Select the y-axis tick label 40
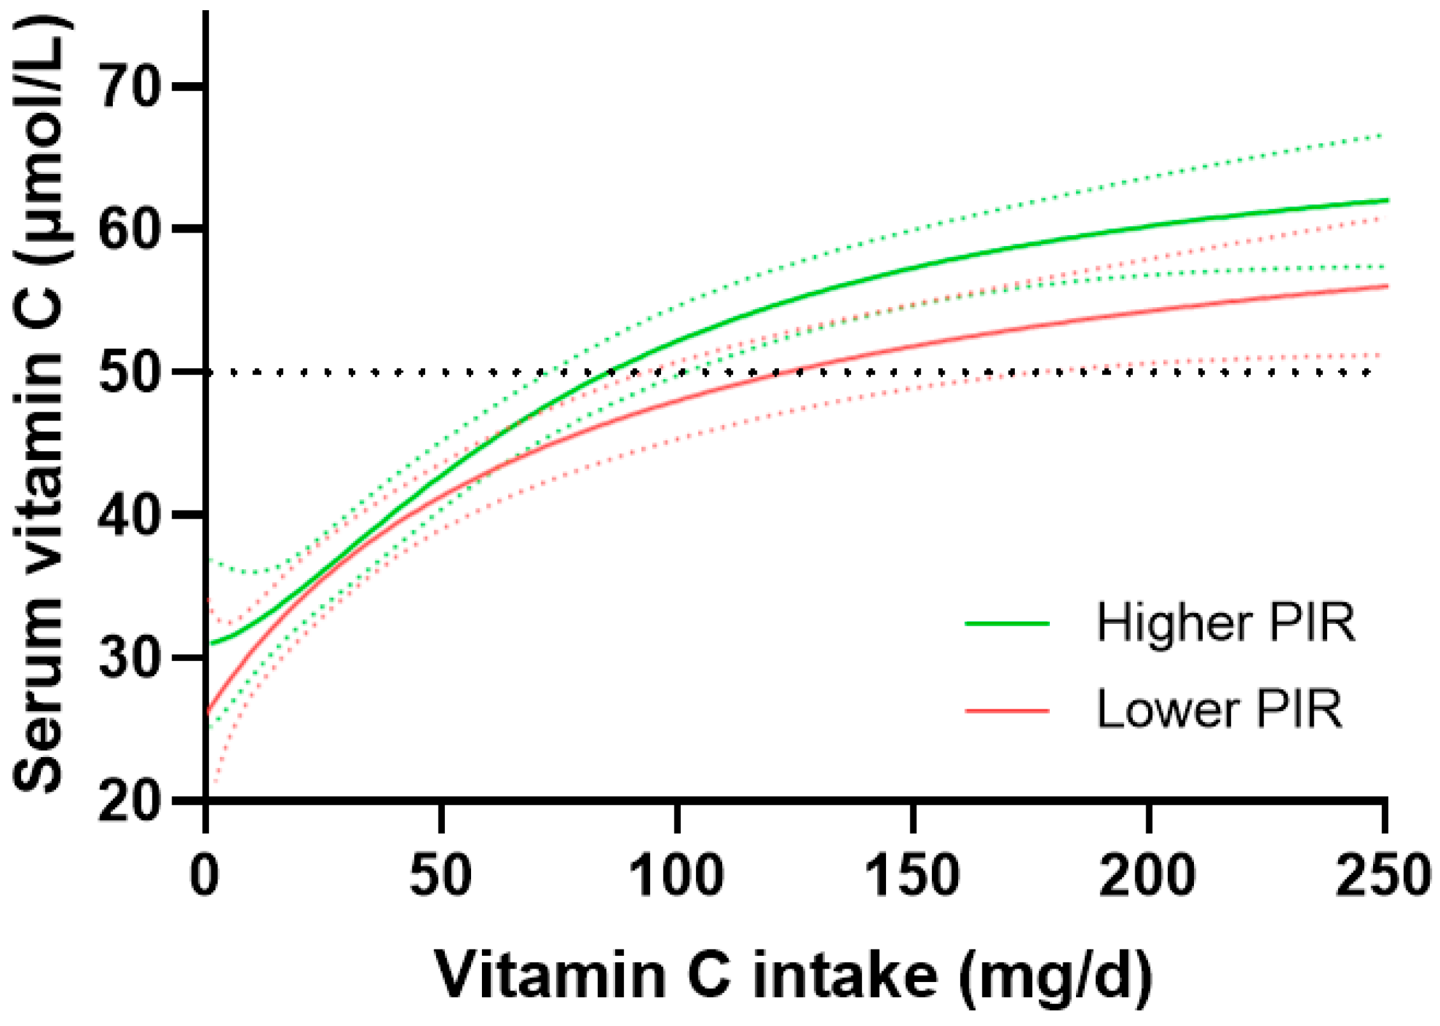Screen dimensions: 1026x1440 (x=129, y=514)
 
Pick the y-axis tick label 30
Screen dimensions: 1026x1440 (x=129, y=657)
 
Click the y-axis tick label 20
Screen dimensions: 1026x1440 (x=129, y=800)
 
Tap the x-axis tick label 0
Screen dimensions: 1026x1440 (x=205, y=876)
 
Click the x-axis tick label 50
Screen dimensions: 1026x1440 (x=440, y=876)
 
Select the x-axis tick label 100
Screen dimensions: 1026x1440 (x=676, y=876)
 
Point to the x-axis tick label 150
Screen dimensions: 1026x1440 (x=912, y=876)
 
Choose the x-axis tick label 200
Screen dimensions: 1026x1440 (x=1148, y=876)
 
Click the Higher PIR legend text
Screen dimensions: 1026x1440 (x=1225, y=623)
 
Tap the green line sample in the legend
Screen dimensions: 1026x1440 (x=1007, y=623)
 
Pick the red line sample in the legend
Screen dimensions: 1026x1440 (x=1007, y=710)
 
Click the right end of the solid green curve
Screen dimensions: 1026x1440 (x=1386, y=200)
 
